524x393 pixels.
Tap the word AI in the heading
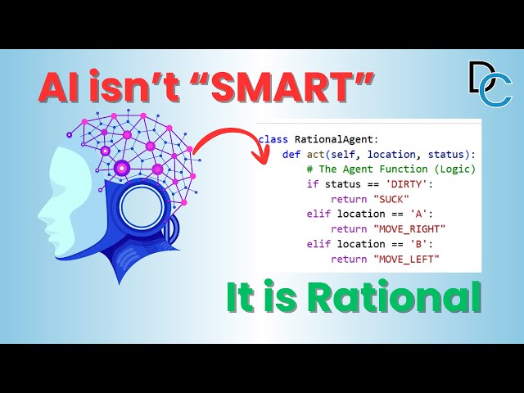[64, 88]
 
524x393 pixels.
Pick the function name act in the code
[312, 154]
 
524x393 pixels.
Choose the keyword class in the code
[273, 139]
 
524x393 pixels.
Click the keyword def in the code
[291, 154]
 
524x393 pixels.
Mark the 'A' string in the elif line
[410, 215]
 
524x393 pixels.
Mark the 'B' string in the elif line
[410, 244]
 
